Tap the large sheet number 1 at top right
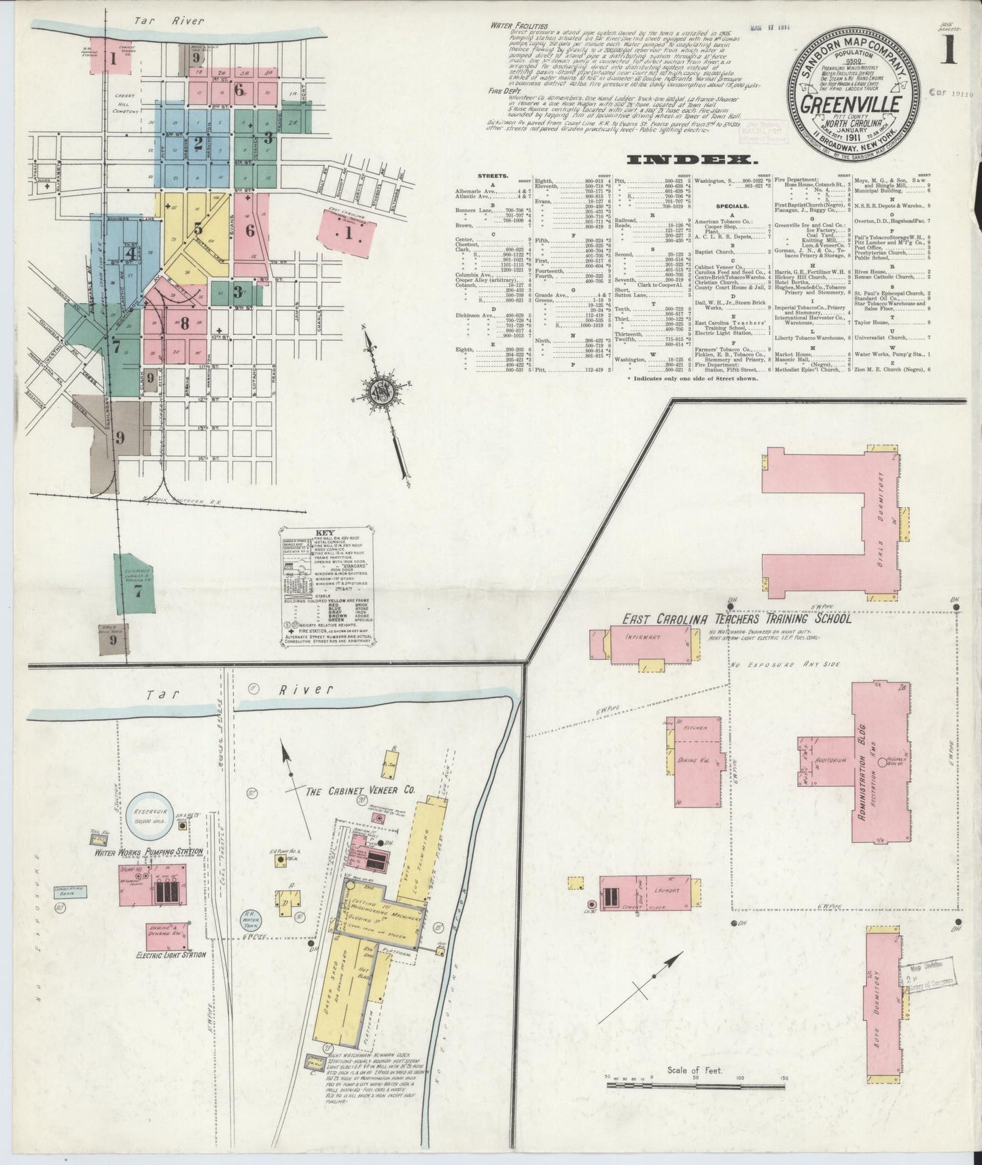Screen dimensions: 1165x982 [949, 52]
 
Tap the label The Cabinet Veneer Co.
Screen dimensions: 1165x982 [360, 792]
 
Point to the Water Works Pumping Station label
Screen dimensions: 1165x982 [150, 852]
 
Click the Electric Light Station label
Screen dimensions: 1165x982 [161, 955]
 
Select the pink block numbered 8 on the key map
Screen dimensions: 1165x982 [183, 324]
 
